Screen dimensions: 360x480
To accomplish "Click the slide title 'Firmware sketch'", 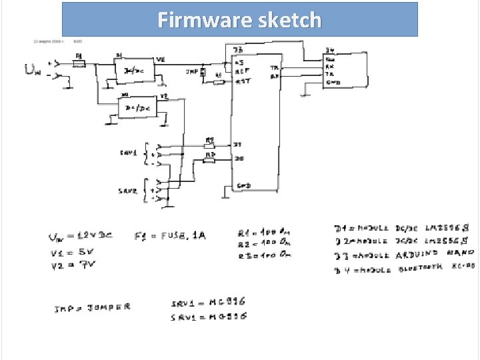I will tap(239, 20).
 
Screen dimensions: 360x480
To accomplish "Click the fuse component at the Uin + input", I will tap(79, 63).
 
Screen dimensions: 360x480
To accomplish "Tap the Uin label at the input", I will tap(34, 69).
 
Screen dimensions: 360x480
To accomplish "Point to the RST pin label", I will tap(243, 81).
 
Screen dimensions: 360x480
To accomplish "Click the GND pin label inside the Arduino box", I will tap(243, 185).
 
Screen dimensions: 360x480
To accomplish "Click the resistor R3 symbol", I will tap(209, 160).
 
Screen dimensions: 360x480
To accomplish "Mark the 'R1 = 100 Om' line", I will tap(265, 233).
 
